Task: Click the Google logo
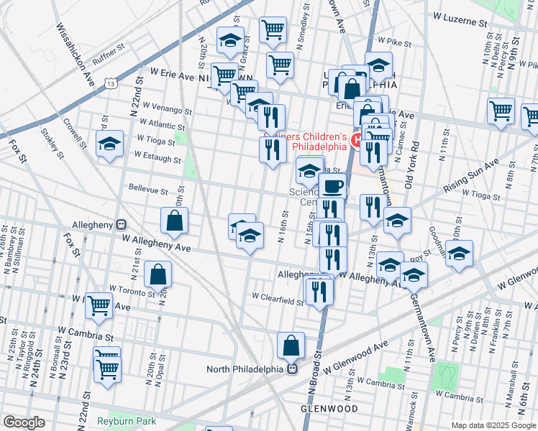point(24,422)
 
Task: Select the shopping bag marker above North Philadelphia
point(291,346)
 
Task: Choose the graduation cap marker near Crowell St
point(110,144)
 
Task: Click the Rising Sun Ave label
point(472,175)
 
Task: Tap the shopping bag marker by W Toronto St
point(158,274)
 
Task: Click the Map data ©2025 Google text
point(493,425)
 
